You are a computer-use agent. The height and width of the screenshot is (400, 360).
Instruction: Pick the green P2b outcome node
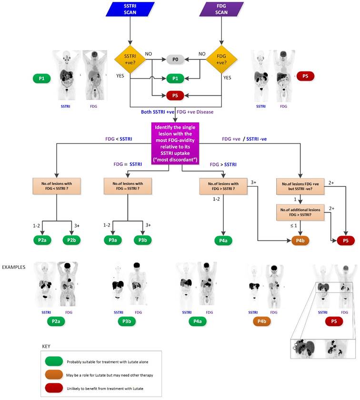(72, 240)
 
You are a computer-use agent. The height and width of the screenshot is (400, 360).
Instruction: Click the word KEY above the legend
(47, 346)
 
